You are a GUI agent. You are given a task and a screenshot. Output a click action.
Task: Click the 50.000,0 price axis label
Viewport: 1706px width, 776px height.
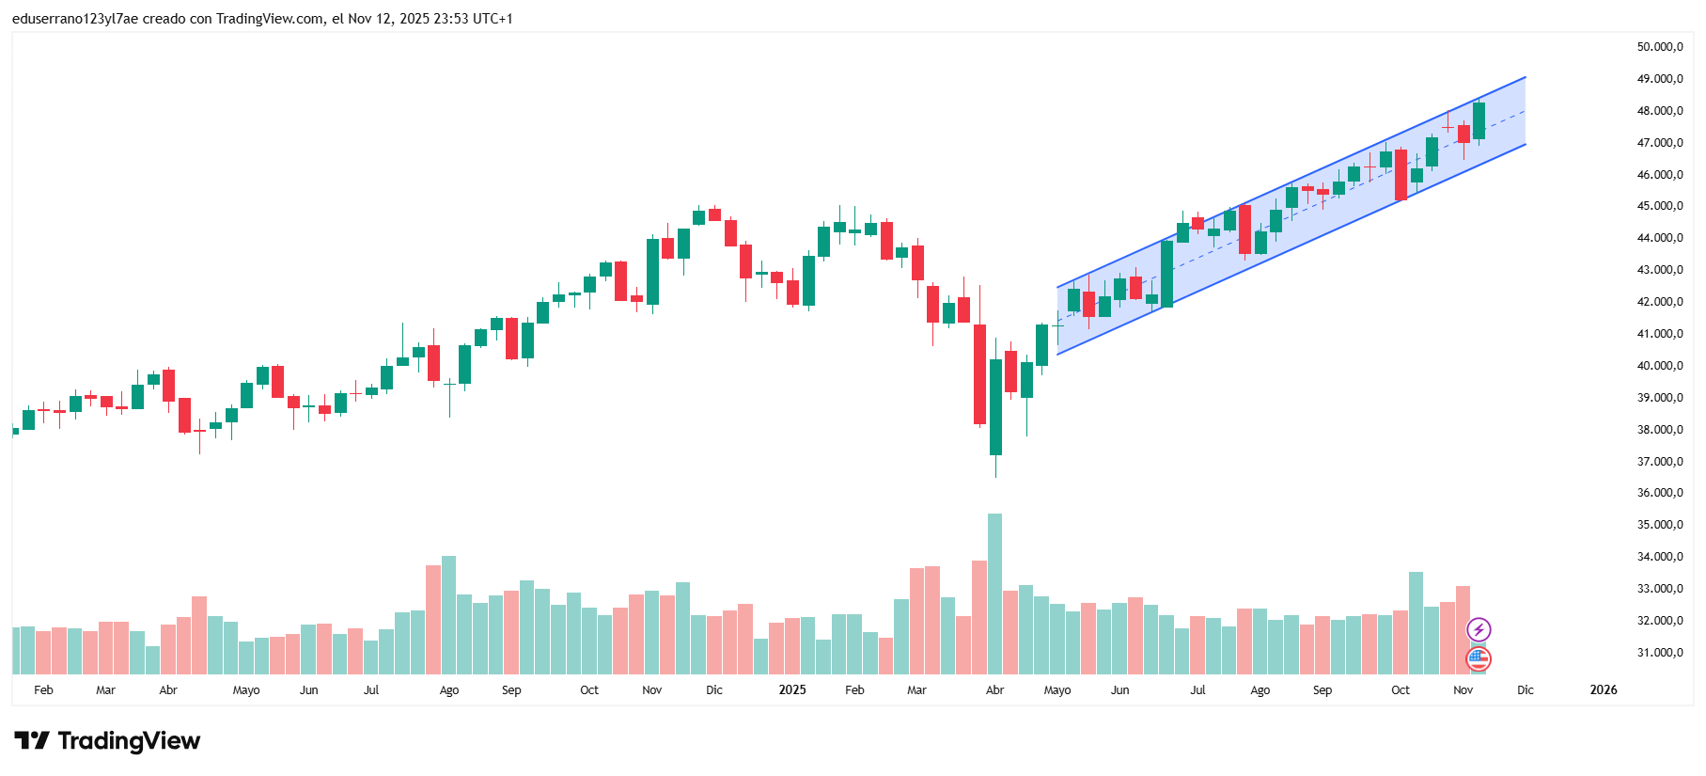tap(1659, 47)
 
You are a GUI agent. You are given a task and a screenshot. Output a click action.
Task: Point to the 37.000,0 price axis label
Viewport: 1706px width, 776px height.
tap(1659, 462)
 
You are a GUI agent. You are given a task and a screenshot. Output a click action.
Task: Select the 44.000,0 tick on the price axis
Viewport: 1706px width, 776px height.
tap(1659, 238)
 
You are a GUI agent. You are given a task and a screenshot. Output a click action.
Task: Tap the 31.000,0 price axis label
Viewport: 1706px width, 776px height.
tap(1659, 653)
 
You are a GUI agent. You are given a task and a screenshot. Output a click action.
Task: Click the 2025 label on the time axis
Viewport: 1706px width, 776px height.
tap(792, 690)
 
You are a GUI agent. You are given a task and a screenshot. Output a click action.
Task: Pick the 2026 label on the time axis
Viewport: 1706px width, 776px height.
tap(1603, 690)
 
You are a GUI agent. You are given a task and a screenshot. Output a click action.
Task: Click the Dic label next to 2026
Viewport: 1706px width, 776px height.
tap(1525, 690)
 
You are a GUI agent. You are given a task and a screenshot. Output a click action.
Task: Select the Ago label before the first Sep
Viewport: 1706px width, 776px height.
tap(449, 690)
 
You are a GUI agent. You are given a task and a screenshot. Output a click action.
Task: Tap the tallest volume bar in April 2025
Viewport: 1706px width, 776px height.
tap(994, 593)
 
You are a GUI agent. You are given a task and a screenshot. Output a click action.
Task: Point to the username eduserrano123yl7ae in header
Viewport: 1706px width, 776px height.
tap(75, 19)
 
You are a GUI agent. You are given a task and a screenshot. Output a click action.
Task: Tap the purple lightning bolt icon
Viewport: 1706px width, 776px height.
tap(1479, 629)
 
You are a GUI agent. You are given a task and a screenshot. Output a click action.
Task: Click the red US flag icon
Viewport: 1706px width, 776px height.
tap(1479, 658)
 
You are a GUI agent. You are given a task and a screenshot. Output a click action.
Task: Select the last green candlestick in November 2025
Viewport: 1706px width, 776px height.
tap(1479, 120)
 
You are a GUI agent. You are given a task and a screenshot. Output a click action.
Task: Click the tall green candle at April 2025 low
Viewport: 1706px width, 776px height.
tap(995, 406)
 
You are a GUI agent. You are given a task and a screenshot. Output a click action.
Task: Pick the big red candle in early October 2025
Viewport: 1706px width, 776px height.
tap(1401, 175)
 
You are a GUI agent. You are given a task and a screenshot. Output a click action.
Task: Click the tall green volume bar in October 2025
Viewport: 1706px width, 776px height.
tap(1416, 623)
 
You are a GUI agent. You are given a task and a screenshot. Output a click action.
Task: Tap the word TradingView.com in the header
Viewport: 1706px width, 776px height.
tap(270, 19)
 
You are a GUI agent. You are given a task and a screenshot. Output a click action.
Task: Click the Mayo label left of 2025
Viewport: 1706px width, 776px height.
tap(246, 690)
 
